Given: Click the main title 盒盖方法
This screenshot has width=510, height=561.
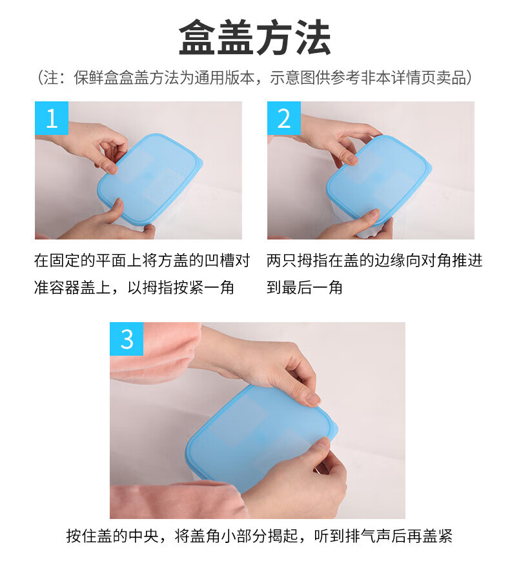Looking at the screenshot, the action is click(x=254, y=37).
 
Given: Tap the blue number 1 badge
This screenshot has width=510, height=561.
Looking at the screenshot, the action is click(x=52, y=118).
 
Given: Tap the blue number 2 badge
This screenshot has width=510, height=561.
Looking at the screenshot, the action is click(x=284, y=118).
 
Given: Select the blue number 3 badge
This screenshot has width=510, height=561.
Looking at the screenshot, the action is click(x=127, y=339).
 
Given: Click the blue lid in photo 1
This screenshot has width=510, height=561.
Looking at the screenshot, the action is click(x=150, y=179).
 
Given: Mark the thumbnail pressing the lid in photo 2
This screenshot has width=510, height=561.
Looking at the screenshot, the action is click(x=374, y=212).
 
